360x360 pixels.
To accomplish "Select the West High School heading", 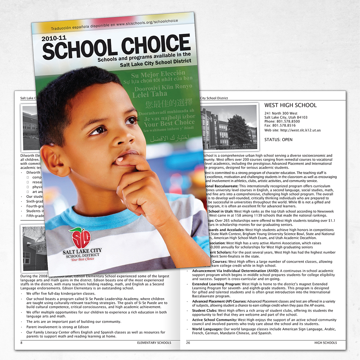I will coord(290,105).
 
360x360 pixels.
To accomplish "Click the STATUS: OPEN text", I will coord(278,140).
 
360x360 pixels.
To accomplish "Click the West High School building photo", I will coord(229,127).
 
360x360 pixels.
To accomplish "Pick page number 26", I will coord(188,343).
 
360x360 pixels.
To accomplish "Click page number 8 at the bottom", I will coord(21,343).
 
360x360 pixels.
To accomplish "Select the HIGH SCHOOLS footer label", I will coord(325,343).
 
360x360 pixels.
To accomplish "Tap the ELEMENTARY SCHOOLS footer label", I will coord(154,343).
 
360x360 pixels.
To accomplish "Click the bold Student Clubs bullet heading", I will coord(204,310).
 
